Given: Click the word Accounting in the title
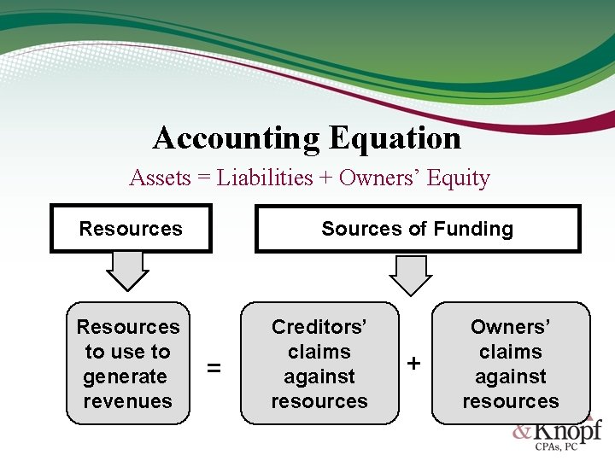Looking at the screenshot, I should [235, 137].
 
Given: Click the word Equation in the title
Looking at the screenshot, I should [395, 137].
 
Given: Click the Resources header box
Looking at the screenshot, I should [131, 229].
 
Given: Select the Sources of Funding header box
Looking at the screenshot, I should [418, 229].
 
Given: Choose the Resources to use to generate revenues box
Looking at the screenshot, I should [128, 364].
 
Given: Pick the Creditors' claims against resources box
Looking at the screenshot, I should [319, 364].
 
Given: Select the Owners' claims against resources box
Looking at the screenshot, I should [511, 364].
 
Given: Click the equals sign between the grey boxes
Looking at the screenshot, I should [214, 368].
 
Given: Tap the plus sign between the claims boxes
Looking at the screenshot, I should [414, 364].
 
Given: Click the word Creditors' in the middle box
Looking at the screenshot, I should [319, 327].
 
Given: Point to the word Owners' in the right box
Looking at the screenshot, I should [511, 327].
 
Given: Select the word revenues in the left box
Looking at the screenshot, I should [128, 401].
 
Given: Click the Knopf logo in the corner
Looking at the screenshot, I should [559, 431].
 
